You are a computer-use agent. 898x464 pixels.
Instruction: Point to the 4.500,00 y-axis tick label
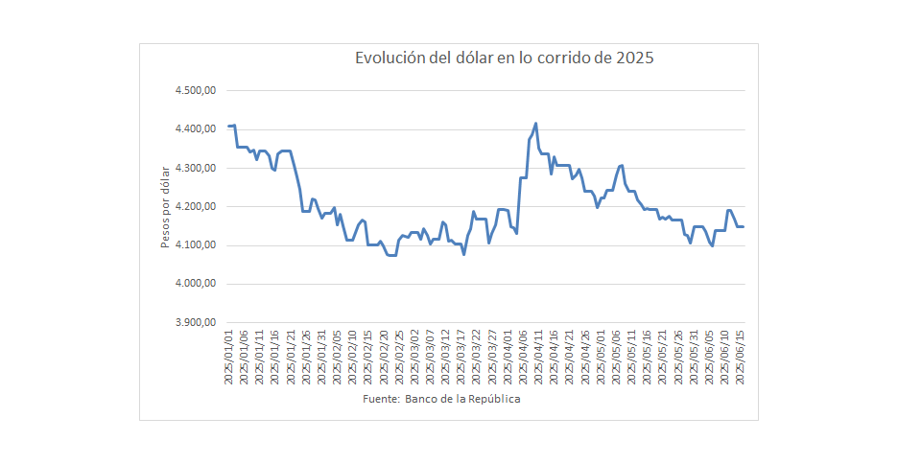(195, 91)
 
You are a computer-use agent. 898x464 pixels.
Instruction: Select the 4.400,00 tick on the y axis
(195, 129)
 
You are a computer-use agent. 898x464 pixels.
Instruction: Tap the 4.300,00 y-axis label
(195, 168)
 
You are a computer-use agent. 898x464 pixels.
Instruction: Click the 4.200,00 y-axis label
(195, 207)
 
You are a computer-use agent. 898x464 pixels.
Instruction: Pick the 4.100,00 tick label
(195, 245)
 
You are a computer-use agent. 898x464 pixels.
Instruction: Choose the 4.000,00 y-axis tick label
(195, 284)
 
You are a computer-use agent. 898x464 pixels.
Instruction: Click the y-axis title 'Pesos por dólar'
(165, 207)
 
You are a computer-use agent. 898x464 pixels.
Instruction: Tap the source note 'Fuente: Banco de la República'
(442, 399)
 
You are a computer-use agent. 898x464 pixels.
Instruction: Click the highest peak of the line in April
(535, 123)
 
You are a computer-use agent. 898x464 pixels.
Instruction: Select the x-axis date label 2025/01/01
(229, 358)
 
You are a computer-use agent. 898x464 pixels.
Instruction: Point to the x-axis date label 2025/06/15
(740, 358)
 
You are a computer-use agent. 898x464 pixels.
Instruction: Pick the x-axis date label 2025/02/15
(368, 358)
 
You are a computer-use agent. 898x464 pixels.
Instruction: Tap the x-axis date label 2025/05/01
(601, 358)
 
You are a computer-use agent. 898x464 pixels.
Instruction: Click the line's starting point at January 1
(229, 126)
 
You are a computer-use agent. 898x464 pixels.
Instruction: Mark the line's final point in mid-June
(743, 226)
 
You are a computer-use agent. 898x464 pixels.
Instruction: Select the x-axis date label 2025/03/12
(445, 358)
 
